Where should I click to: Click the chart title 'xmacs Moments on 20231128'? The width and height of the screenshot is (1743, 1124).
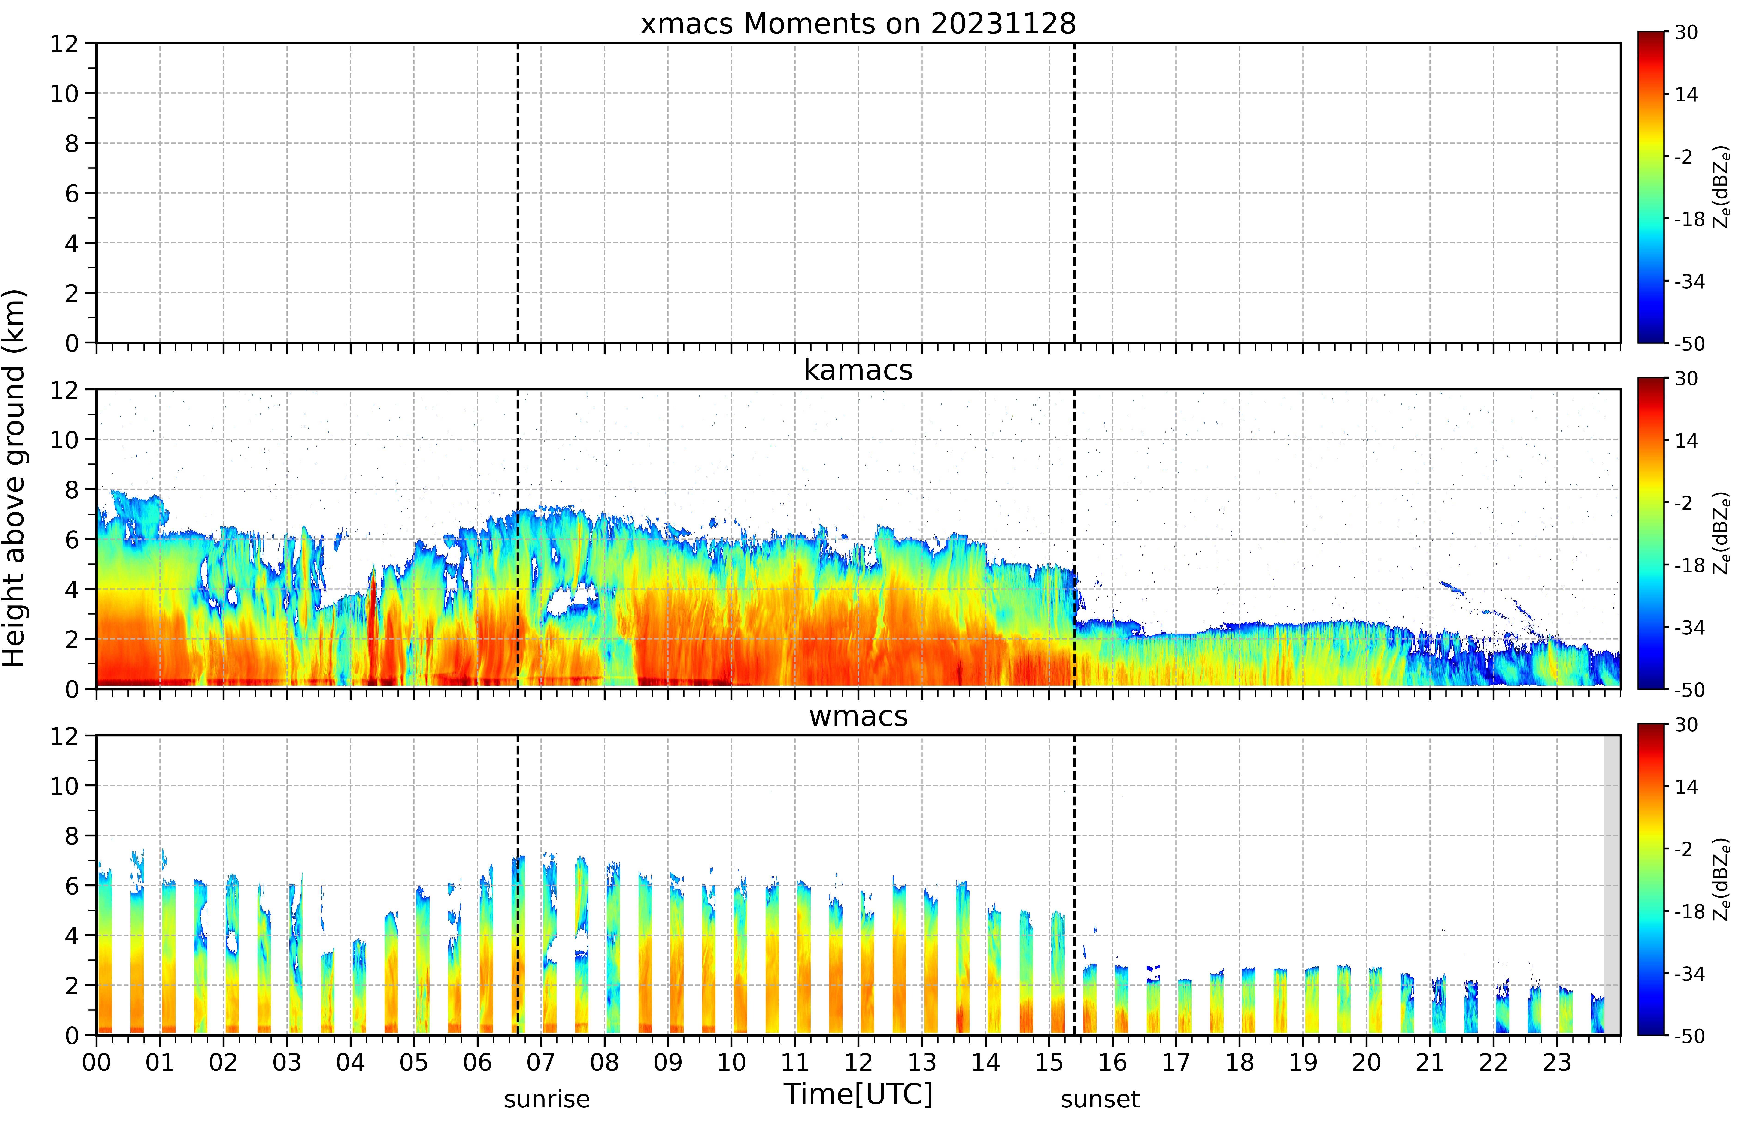tap(858, 24)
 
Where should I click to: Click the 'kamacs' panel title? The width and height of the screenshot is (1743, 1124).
tap(858, 370)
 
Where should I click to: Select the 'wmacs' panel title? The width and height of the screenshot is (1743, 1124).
tap(858, 716)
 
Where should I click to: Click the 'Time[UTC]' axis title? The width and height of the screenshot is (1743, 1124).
tap(858, 1094)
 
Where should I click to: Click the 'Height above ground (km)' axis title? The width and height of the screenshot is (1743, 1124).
tap(15, 478)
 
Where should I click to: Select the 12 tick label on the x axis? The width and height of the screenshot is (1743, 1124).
tap(858, 1062)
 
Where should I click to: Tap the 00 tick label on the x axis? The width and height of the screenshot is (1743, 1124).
tap(96, 1062)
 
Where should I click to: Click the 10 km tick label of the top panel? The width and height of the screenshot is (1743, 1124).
tap(64, 93)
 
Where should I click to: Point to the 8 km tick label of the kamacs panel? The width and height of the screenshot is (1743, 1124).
tap(71, 490)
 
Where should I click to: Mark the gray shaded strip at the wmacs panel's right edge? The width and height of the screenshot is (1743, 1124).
tap(1612, 885)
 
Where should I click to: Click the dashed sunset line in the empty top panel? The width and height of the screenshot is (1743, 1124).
tap(1074, 193)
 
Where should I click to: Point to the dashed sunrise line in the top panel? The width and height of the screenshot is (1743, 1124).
tap(518, 193)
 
